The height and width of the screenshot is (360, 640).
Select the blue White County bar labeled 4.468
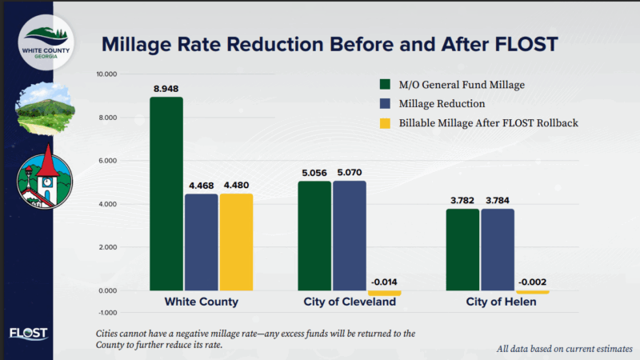201,242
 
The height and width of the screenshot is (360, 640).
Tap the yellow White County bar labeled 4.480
235,242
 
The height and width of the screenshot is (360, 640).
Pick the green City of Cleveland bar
314,235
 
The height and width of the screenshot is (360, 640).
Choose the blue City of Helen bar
498,249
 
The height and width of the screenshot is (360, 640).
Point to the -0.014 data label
385,282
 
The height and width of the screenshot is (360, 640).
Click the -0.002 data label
532,282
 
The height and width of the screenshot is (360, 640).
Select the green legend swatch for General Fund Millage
384,83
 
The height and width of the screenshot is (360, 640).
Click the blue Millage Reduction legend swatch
384,103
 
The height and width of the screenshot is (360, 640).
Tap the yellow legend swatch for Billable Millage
384,123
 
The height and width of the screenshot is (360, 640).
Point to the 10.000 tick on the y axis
106,74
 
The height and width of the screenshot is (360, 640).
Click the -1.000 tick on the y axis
106,312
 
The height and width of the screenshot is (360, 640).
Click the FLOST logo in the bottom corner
28,334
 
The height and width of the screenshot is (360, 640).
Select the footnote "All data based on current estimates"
564,349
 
